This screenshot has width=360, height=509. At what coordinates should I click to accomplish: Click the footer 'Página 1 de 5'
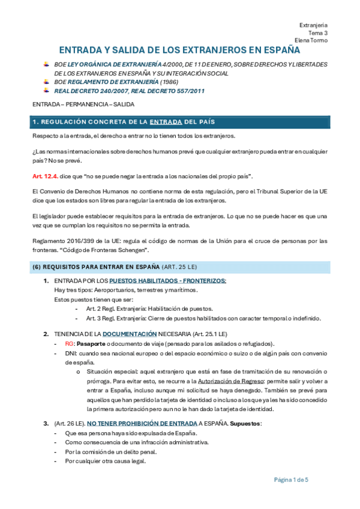click(x=291, y=480)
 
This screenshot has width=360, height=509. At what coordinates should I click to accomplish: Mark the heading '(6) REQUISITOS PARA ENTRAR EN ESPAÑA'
click(x=96, y=266)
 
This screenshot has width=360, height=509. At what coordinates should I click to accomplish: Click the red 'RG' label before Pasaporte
click(x=69, y=343)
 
